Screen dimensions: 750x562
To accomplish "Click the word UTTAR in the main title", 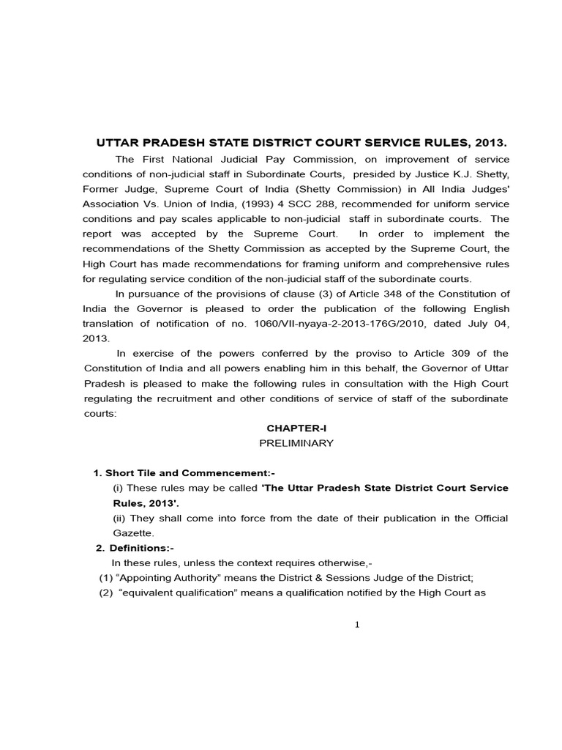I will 119,142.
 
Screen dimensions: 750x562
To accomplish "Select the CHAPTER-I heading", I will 291,428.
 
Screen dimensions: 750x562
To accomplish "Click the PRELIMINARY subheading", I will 296,443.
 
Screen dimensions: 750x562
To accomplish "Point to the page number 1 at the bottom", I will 357,624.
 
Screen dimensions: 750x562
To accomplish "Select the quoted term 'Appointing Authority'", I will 162,578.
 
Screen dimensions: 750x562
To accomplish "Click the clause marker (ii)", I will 119,519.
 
